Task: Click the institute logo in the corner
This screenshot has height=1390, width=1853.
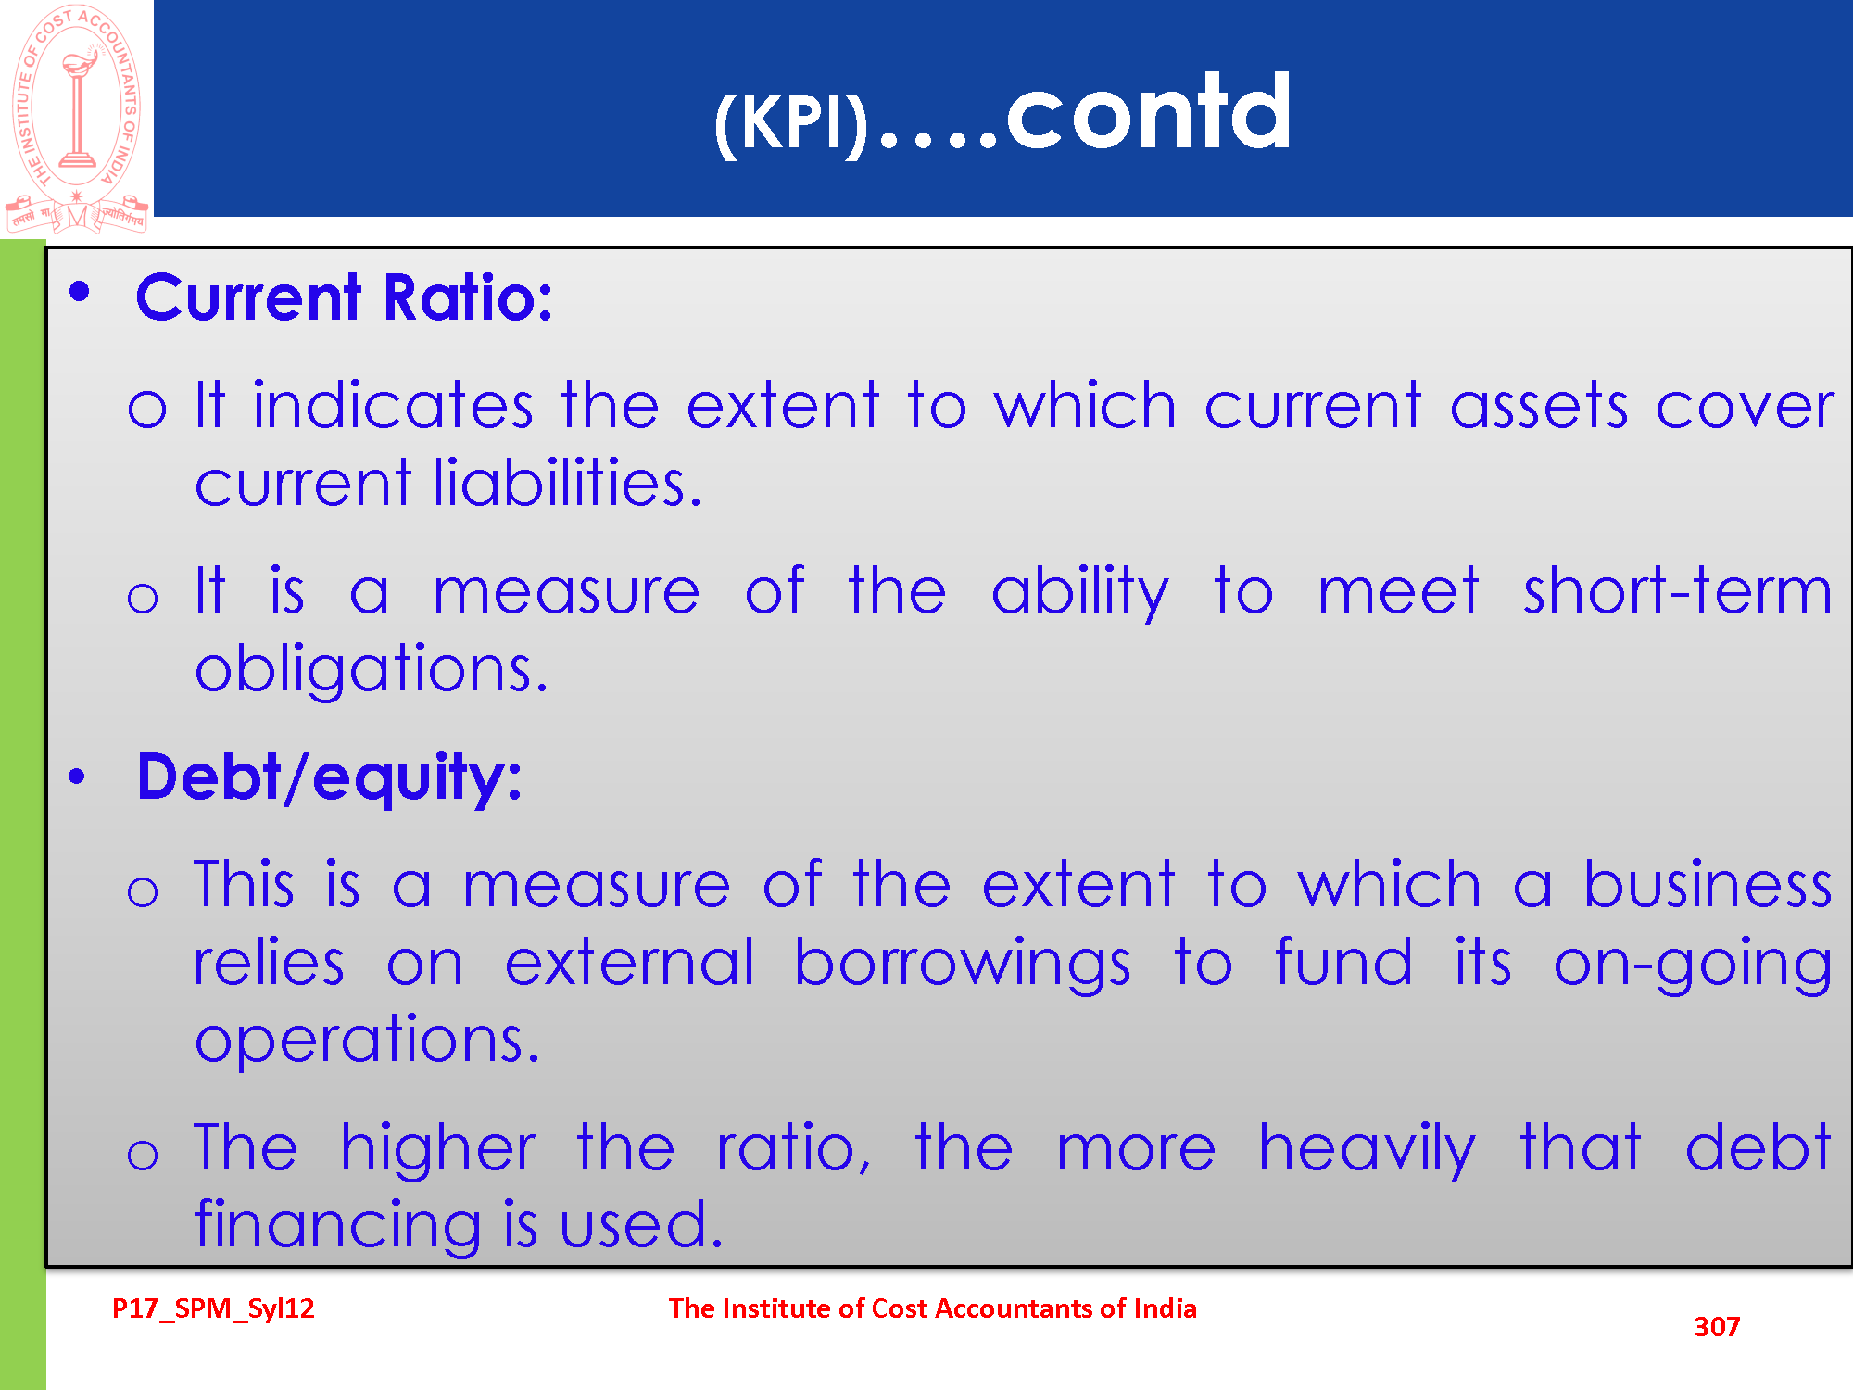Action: coord(77,118)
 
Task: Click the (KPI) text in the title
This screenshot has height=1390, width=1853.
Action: coord(791,123)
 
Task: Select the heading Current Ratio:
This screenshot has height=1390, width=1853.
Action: coord(344,297)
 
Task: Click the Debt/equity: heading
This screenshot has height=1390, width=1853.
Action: coord(329,777)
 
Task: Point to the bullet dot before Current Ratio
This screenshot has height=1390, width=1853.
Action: coord(80,292)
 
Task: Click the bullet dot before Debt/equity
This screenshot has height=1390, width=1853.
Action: coord(77,777)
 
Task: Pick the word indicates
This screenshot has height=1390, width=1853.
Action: coord(393,405)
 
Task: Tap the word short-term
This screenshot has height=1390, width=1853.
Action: coord(1678,590)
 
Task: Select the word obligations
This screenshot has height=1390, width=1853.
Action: coord(372,669)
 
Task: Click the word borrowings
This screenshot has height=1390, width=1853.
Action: coord(963,963)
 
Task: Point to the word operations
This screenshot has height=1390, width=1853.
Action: coord(367,1041)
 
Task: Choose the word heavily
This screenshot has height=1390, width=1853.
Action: coord(1367,1149)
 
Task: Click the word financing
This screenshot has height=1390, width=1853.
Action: coord(338,1225)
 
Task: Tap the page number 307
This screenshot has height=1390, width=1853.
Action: coord(1717,1327)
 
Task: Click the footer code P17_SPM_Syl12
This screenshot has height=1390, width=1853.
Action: coord(213,1308)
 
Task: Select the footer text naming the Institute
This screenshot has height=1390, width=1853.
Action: coord(933,1308)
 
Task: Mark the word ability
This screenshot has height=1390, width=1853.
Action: coord(1080,592)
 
